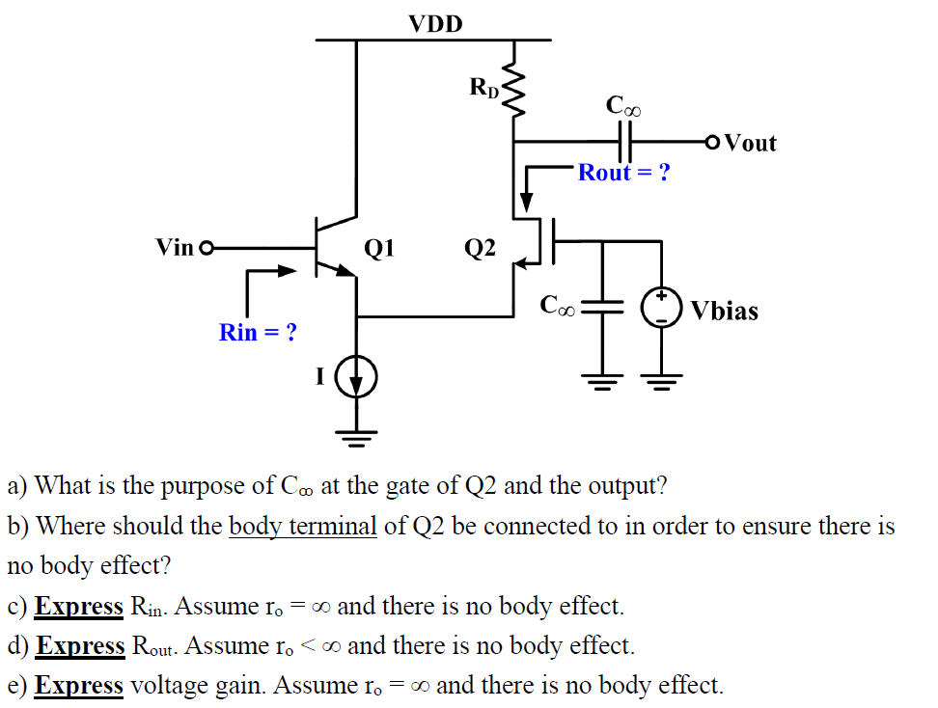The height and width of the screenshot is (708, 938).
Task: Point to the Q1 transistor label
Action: point(379,249)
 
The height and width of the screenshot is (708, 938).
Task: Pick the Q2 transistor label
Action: point(480,249)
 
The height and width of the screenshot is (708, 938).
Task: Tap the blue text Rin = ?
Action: point(258,333)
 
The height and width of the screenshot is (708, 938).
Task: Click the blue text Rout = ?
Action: point(623,173)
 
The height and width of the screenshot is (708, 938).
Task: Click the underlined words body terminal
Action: point(302,527)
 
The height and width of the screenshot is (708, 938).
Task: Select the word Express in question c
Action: point(79,607)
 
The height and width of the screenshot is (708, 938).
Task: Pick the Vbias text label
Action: point(724,312)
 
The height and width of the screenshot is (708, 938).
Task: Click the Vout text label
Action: point(750,144)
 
